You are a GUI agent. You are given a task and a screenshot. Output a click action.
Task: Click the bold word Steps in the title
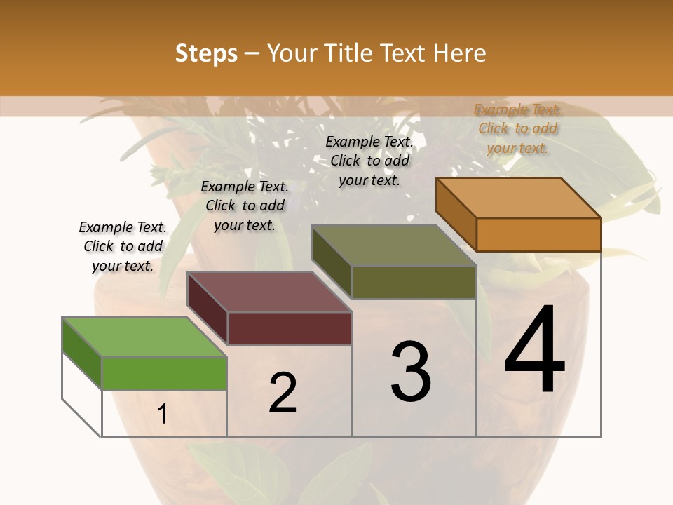[206, 53]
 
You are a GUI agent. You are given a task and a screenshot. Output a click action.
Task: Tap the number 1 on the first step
[163, 415]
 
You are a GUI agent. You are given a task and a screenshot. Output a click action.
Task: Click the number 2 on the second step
[283, 393]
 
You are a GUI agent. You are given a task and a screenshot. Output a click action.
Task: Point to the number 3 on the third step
[411, 372]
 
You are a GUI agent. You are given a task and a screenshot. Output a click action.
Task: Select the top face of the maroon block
[269, 292]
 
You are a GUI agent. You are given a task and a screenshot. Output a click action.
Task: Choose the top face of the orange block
[519, 198]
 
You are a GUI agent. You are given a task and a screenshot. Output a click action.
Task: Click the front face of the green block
[164, 373]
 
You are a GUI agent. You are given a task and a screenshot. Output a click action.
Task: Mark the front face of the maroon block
[290, 328]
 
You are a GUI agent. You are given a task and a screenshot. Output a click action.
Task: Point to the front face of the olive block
[414, 282]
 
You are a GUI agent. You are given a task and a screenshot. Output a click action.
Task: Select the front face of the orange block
[538, 234]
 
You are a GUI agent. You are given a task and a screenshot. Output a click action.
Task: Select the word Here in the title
[459, 53]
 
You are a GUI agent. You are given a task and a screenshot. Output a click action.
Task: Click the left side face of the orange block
[456, 213]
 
